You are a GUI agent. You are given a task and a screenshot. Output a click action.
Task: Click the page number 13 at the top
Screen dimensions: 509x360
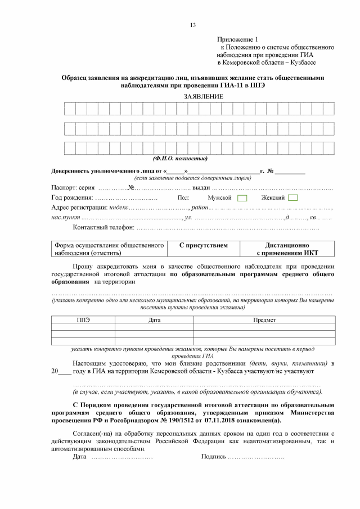pos(192,25)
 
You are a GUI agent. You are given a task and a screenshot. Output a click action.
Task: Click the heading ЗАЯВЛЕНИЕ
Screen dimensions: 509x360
pos(203,97)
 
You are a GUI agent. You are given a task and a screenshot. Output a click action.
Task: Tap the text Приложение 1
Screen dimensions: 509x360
pos(237,40)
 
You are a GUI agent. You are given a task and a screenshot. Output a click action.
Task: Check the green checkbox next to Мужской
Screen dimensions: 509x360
pos(242,198)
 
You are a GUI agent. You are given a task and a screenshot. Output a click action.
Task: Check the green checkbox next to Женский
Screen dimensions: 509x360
pos(293,198)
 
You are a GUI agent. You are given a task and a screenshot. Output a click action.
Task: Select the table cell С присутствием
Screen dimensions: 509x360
pos(203,246)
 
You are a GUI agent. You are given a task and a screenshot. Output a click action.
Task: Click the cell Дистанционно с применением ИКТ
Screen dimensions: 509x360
pos(287,249)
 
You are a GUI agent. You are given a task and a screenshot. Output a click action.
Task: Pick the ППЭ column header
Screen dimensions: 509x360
pos(83,319)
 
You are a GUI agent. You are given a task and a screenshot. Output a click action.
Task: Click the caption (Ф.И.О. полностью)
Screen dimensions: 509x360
pos(180,159)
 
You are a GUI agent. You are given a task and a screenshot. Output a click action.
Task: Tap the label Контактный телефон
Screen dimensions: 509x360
pos(103,227)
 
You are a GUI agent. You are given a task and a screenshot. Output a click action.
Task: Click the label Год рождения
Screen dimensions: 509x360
pos(72,198)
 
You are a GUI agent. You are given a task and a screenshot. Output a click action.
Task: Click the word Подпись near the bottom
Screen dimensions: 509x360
pos(213,456)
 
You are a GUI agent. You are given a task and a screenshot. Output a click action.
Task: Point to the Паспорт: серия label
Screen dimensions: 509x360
pos(74,187)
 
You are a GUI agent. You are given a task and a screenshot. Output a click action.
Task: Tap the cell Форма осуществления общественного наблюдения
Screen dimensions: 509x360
pos(109,249)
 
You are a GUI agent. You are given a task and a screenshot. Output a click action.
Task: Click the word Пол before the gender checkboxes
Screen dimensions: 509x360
pos(183,198)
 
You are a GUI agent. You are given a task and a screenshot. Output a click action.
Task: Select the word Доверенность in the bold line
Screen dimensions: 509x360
pos(71,170)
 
